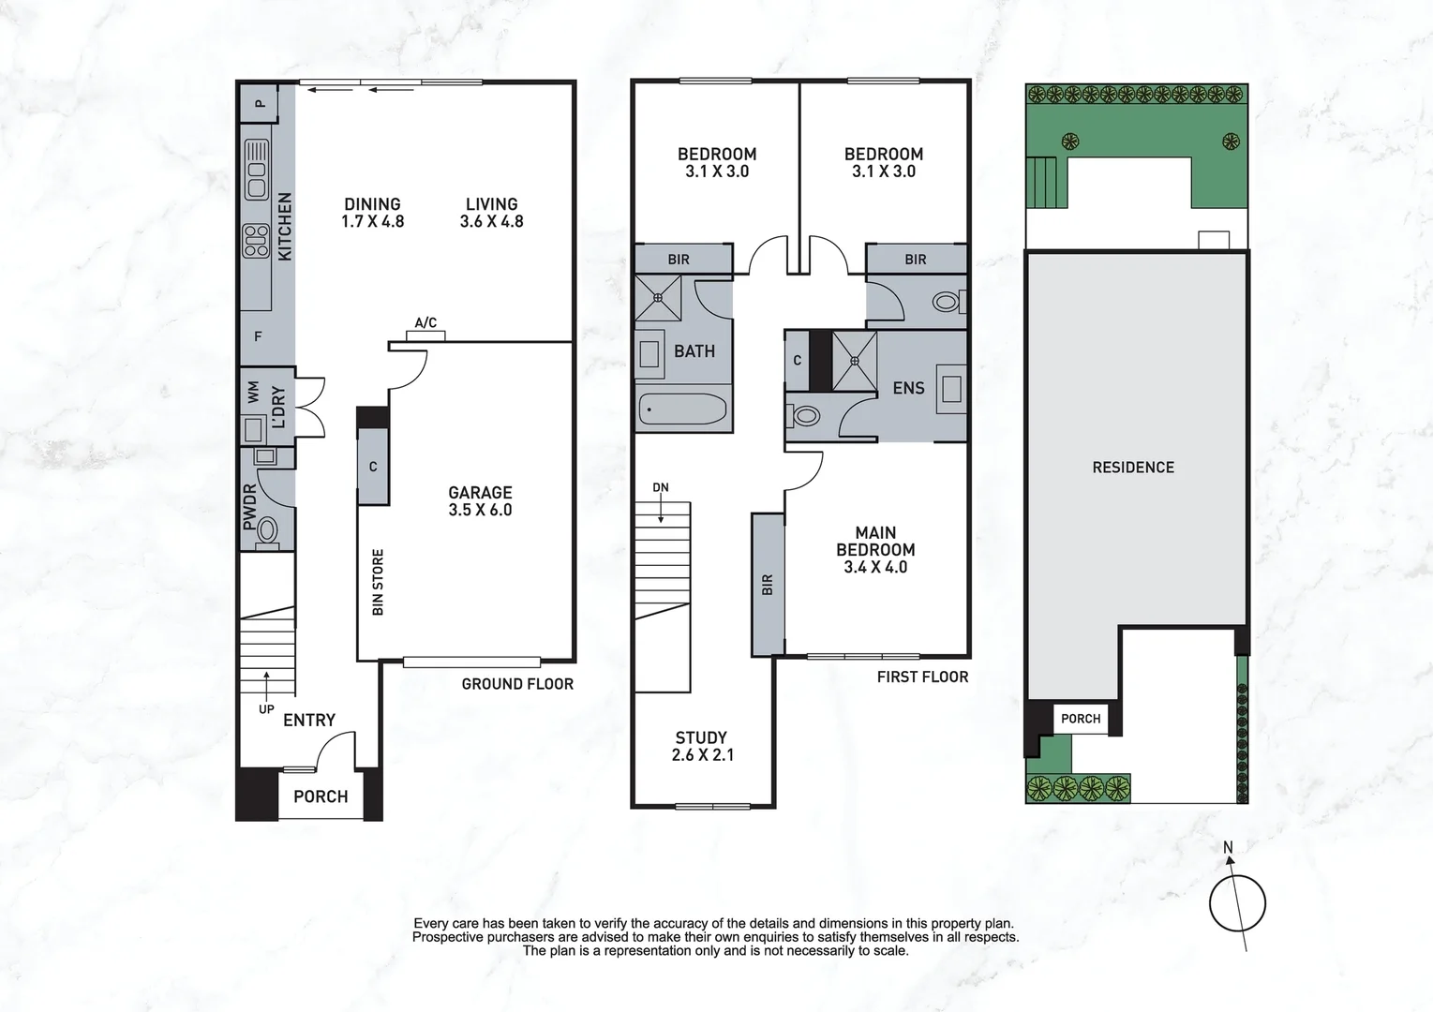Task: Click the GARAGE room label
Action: (480, 500)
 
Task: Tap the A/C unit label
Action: (425, 323)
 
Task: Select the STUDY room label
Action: (702, 746)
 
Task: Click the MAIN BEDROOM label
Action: (875, 549)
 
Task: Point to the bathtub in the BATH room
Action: (682, 409)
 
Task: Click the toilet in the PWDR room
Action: (267, 531)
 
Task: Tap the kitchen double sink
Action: (256, 170)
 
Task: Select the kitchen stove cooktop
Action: (256, 241)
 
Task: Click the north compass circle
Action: (1237, 904)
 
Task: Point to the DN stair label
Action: (661, 487)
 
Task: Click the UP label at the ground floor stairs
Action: (266, 709)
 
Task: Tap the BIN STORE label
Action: (378, 582)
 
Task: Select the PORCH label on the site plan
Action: (1081, 719)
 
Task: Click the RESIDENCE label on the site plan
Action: (1133, 467)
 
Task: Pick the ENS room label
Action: (908, 388)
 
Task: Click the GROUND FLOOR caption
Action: (517, 684)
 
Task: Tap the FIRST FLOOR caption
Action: (922, 677)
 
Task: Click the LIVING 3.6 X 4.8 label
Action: (491, 213)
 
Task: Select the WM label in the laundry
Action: (253, 393)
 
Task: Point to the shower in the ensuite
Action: (855, 360)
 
